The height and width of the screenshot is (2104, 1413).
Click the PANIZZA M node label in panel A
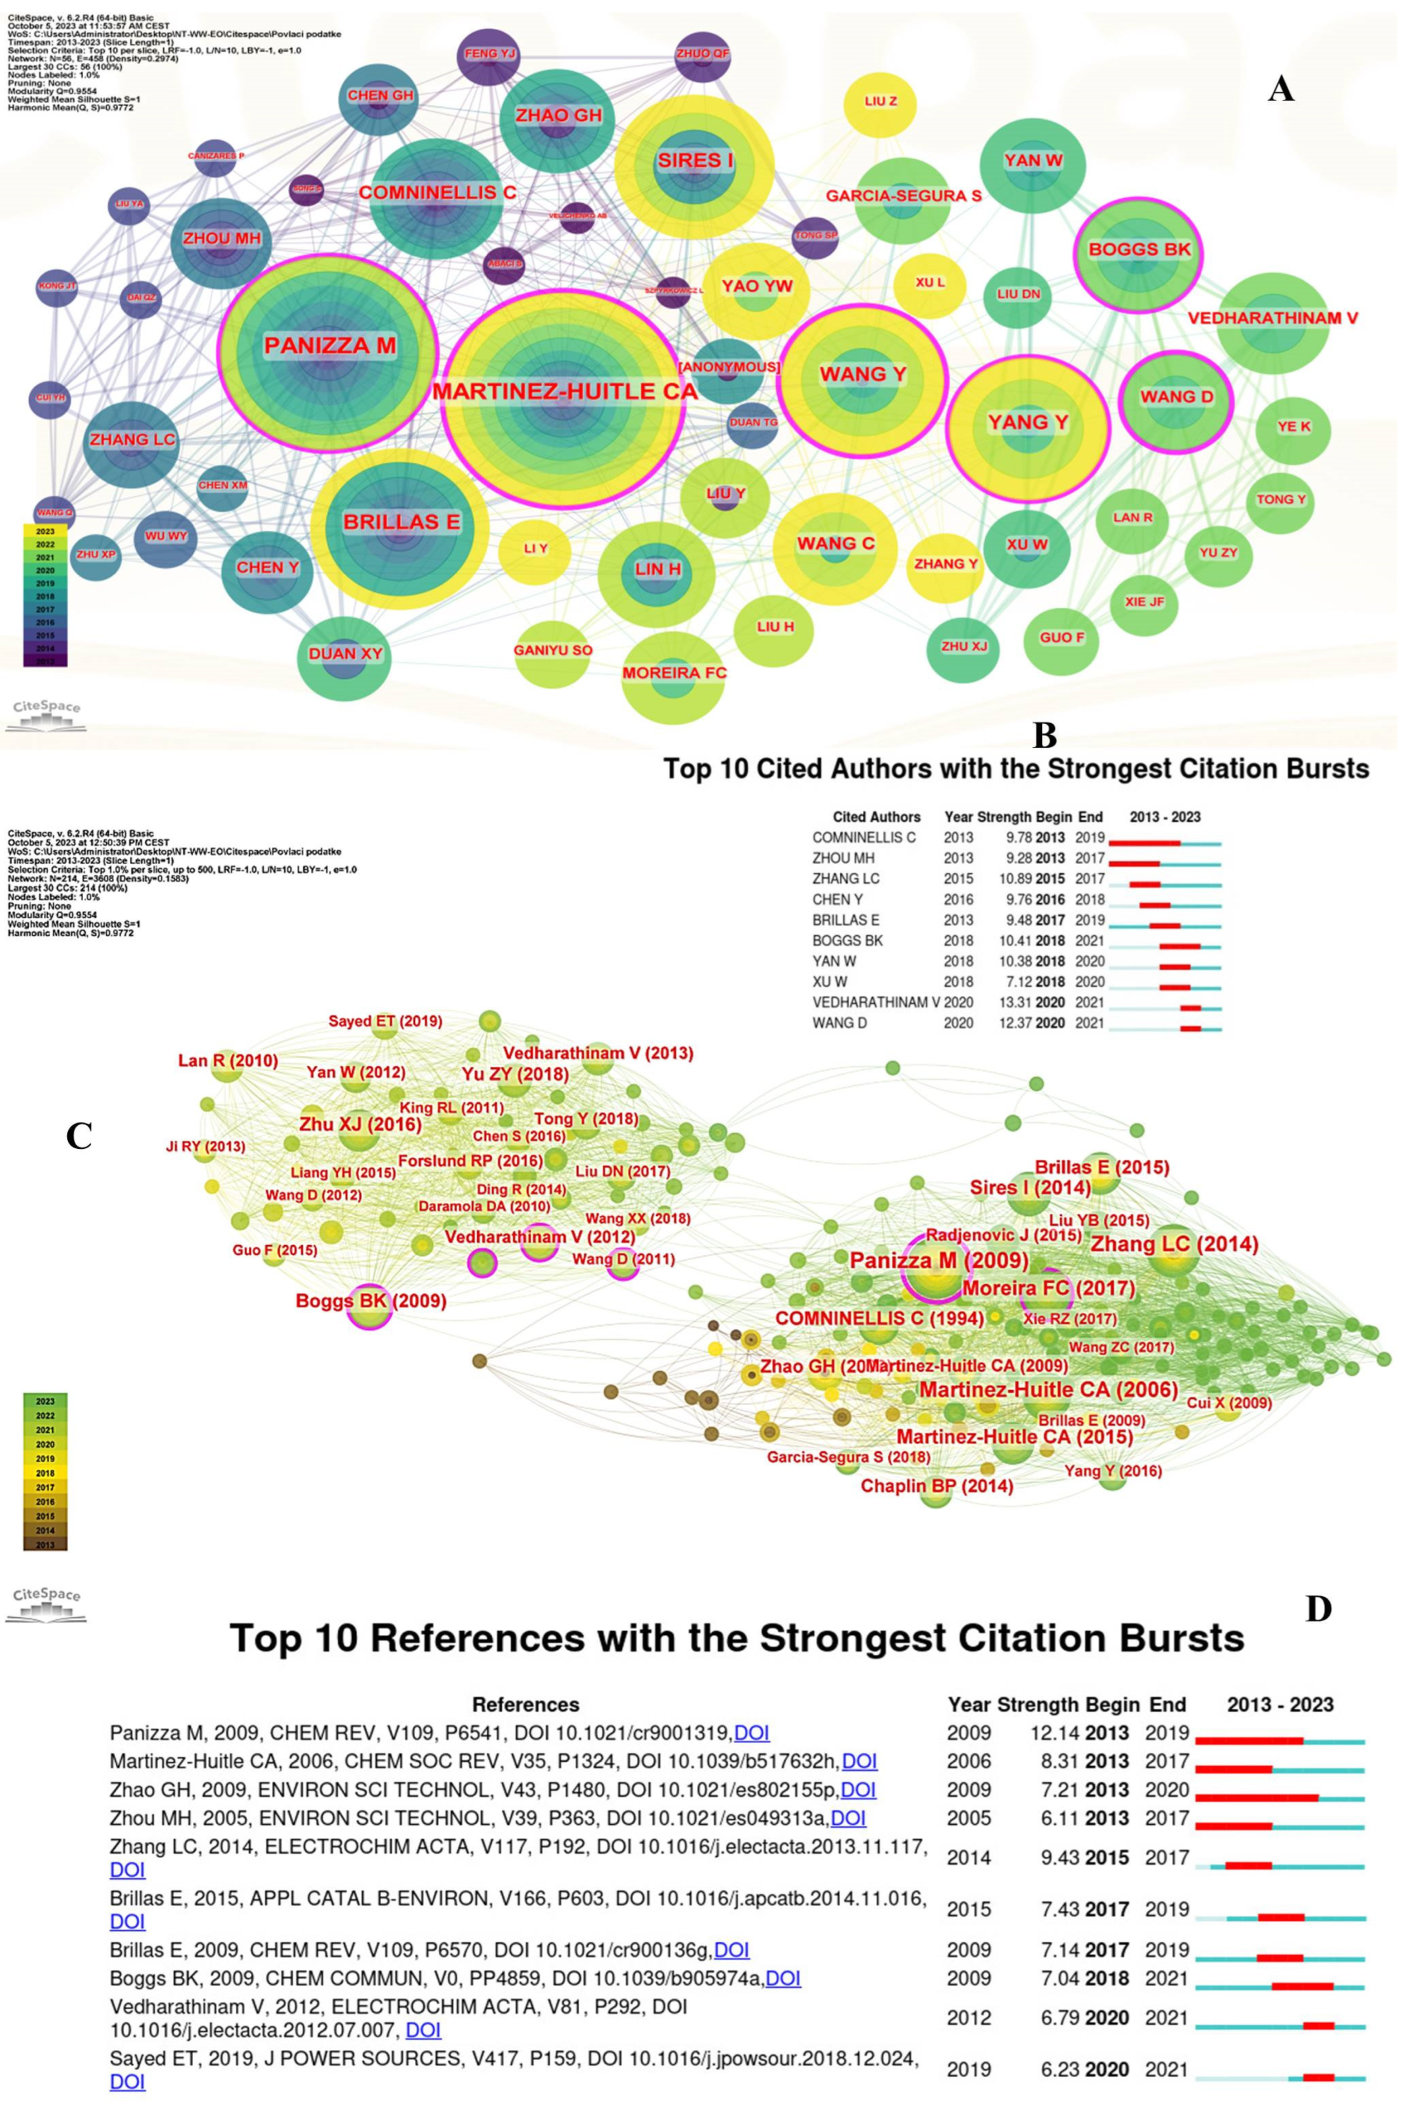tap(330, 346)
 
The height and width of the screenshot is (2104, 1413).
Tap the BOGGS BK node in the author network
tap(1140, 250)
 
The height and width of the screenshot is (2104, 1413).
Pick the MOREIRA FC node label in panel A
tap(674, 673)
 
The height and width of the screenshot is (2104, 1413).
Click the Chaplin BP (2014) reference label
tap(937, 1486)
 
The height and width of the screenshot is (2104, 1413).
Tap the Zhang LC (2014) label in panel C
tap(1174, 1244)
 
